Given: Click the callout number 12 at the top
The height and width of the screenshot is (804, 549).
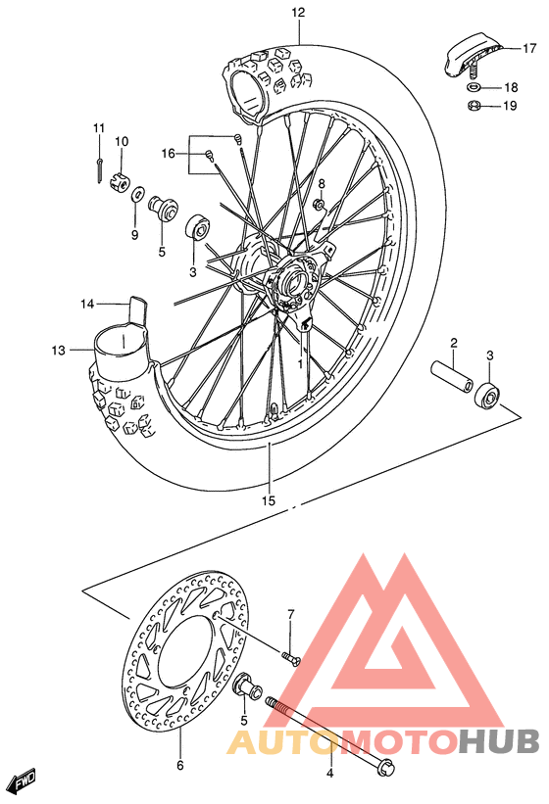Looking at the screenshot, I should [298, 13].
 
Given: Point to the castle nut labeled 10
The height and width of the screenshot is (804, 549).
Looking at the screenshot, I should [123, 178].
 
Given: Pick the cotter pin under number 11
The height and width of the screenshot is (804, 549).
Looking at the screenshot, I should [102, 166].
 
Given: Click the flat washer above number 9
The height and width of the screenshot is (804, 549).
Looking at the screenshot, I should [135, 192].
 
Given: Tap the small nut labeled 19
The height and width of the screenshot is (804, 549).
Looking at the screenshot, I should [473, 106].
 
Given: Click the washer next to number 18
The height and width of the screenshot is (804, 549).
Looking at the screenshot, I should [473, 87].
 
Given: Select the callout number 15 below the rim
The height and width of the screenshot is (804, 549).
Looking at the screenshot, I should [269, 500].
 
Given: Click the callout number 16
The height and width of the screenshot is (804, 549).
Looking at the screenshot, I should [168, 154].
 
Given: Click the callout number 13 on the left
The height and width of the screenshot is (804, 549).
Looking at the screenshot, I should [58, 350].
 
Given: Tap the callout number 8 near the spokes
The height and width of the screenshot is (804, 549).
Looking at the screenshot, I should [320, 183].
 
